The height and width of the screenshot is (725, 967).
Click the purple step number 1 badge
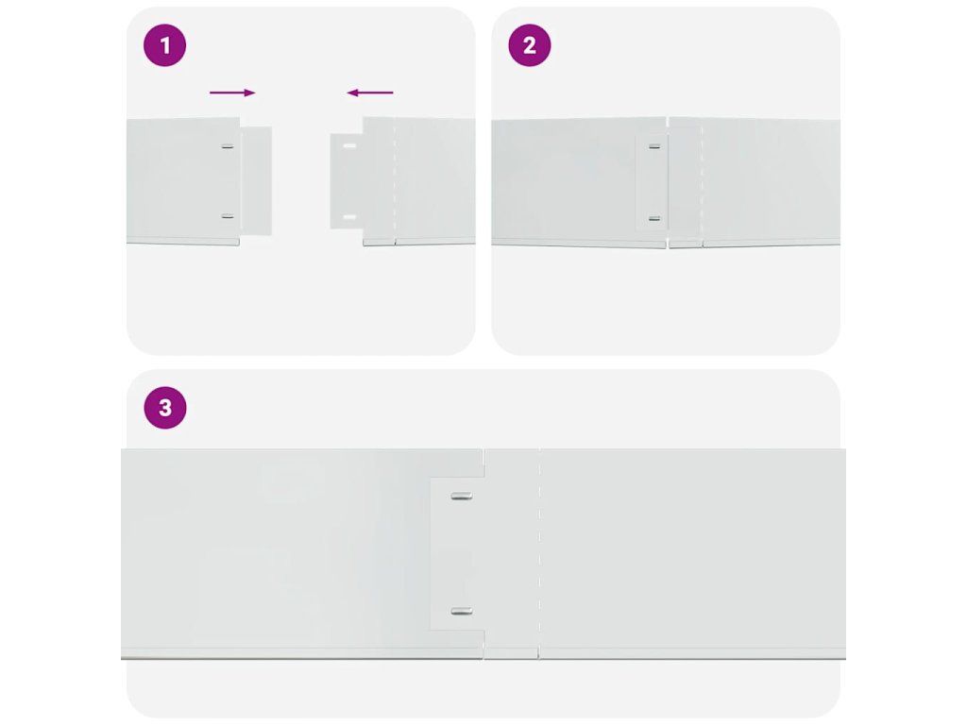point(164,45)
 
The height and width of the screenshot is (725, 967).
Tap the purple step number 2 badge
point(530,45)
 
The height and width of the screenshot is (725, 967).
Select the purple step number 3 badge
point(164,408)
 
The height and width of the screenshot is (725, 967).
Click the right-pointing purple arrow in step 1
point(232,93)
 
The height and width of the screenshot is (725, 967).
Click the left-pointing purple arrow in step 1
point(370,93)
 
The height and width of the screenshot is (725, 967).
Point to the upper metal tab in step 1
point(228,146)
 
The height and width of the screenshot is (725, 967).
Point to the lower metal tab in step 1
point(228,216)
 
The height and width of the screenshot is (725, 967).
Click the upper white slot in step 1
point(349,146)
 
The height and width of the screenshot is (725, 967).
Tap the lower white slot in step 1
point(349,218)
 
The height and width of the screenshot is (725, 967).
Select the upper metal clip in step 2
point(654,146)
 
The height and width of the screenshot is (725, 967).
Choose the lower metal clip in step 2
point(654,219)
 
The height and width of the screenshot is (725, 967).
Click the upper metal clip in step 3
point(461,496)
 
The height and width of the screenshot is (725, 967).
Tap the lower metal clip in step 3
point(461,612)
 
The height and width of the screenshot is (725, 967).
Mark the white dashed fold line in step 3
point(539,552)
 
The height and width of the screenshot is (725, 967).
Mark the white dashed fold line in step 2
point(702,182)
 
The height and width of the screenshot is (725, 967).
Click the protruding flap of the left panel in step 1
point(256,181)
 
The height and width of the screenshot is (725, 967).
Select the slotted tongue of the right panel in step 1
point(347,182)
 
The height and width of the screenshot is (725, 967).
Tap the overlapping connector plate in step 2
point(652,183)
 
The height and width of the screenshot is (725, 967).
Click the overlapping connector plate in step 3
point(457,553)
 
